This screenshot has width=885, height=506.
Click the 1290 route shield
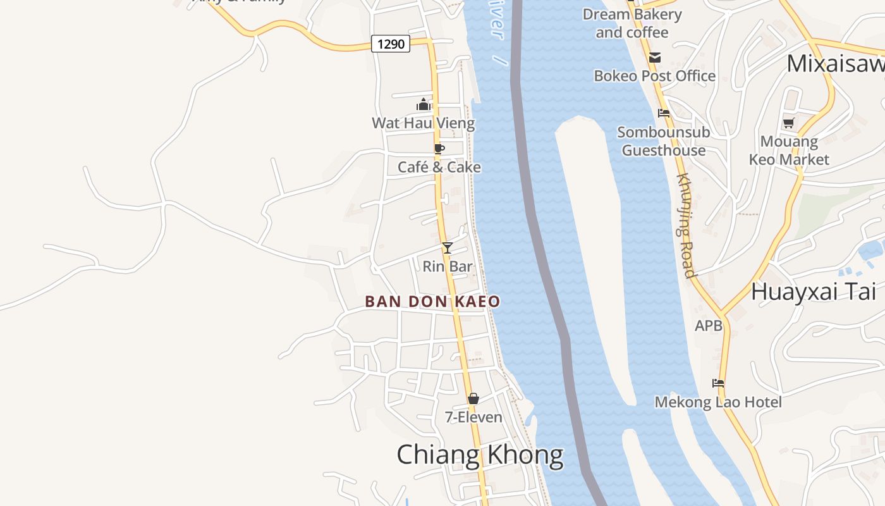[x=391, y=44]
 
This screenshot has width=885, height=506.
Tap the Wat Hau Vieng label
[x=423, y=123]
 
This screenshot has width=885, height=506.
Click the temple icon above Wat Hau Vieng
[x=424, y=104]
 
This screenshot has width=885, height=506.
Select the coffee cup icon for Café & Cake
[x=439, y=149]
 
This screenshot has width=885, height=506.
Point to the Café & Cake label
[x=439, y=167]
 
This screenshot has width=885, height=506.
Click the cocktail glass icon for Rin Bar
[x=448, y=248]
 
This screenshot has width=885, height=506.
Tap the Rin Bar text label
[x=448, y=266]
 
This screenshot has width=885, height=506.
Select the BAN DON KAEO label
[x=432, y=302]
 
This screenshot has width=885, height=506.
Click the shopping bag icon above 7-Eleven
[x=473, y=398]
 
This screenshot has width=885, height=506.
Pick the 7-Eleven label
[x=473, y=417]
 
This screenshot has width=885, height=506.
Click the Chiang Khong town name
[x=480, y=455]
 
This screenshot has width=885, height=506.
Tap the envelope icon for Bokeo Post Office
[x=654, y=58]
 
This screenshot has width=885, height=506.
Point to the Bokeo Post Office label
[x=654, y=76]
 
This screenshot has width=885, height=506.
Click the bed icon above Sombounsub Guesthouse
[x=664, y=113]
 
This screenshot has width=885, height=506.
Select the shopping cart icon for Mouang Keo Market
[x=788, y=123]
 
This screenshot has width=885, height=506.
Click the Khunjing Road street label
[x=686, y=225]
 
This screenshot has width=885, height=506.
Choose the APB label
[x=708, y=326]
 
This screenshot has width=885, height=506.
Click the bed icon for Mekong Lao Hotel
[x=718, y=383]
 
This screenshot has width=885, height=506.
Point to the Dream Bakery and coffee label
[x=632, y=23]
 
